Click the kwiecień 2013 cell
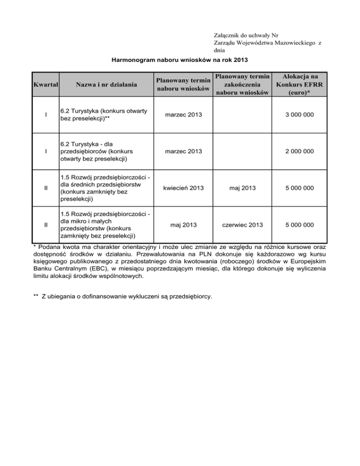point(183,188)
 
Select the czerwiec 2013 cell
point(242,225)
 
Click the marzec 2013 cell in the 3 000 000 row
point(183,115)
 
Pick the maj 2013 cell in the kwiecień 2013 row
point(242,188)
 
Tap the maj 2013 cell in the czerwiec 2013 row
point(183,225)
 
